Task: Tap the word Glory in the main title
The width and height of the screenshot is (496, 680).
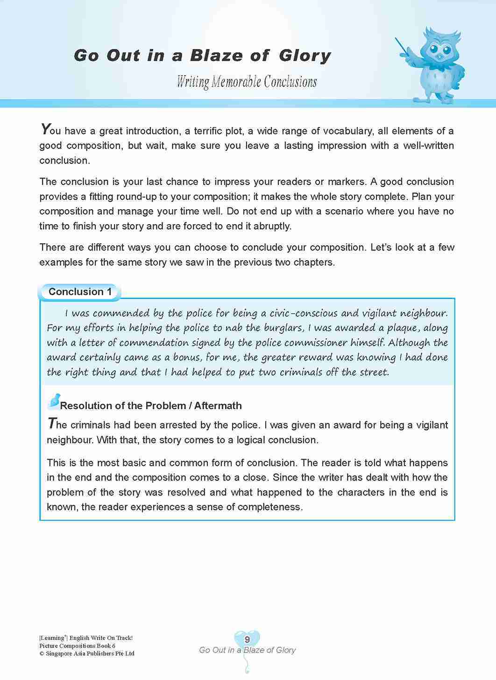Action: (x=305, y=56)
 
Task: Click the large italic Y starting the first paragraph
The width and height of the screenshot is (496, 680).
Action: (x=45, y=129)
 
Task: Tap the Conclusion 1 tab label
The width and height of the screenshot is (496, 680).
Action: (x=80, y=292)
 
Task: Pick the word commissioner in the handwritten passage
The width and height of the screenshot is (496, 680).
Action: (x=316, y=343)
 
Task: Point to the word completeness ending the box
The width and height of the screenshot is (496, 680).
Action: (x=272, y=507)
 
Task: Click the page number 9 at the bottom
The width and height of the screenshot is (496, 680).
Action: (x=247, y=639)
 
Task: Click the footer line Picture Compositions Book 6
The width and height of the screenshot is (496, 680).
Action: (x=78, y=645)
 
